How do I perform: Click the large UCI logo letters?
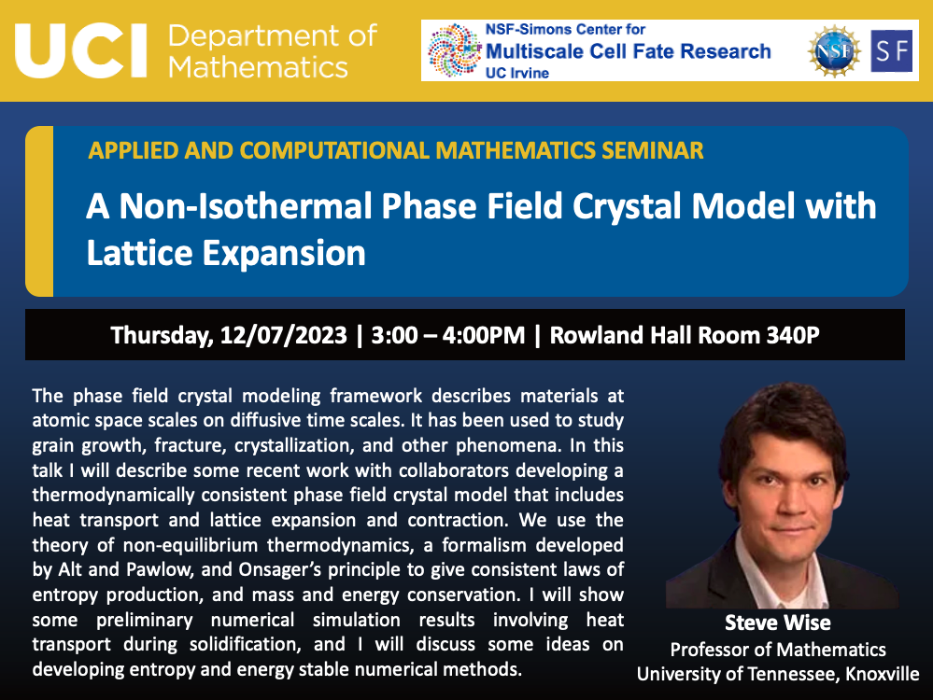click(x=81, y=50)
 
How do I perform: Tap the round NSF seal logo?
click(x=834, y=51)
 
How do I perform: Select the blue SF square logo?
click(x=891, y=51)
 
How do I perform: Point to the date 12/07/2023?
click(x=283, y=335)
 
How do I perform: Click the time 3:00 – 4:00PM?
click(x=448, y=335)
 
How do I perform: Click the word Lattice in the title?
click(x=140, y=253)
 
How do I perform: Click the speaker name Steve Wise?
click(x=778, y=623)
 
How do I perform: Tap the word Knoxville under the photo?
click(x=883, y=674)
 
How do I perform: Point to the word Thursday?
click(x=162, y=336)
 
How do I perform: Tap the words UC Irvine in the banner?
click(x=517, y=73)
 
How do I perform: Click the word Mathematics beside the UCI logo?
click(x=258, y=66)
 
